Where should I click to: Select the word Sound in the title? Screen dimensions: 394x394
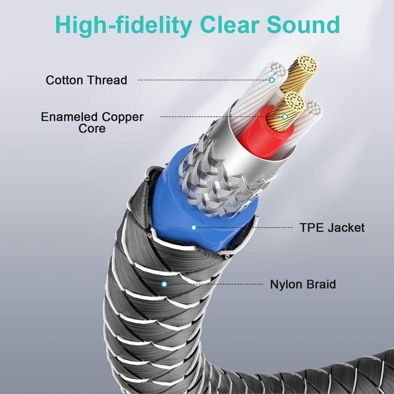pyautogui.click(x=306, y=24)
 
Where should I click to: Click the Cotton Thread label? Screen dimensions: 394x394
pyautogui.click(x=86, y=80)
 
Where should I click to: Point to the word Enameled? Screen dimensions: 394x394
pyautogui.click(x=69, y=117)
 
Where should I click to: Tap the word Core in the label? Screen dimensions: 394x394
pyautogui.click(x=92, y=129)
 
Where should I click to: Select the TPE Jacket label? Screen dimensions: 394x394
pyautogui.click(x=332, y=228)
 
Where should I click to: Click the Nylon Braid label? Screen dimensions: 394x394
pyautogui.click(x=302, y=284)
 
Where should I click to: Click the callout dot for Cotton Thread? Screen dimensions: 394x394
pyautogui.click(x=271, y=79)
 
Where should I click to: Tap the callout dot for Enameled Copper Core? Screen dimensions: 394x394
pyautogui.click(x=285, y=117)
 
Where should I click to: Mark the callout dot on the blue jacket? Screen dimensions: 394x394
pyautogui.click(x=194, y=227)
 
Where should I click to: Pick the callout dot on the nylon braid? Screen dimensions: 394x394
pyautogui.click(x=164, y=284)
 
